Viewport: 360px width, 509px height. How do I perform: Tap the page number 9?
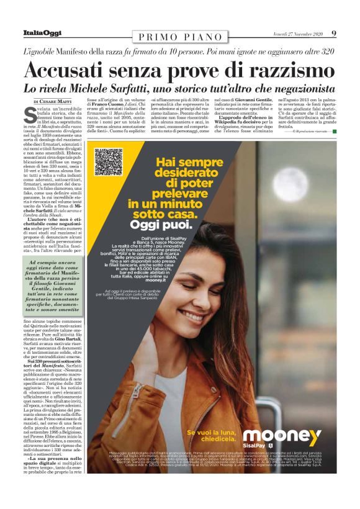(333, 33)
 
